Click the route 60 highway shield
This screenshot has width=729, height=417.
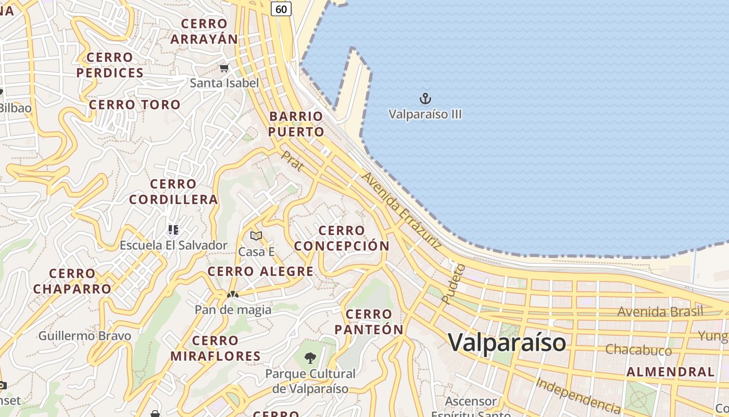coord(281,8)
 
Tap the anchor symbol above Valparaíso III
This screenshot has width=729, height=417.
coord(425,98)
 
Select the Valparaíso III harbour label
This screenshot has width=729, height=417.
coord(425,114)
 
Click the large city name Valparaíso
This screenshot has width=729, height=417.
coord(507,342)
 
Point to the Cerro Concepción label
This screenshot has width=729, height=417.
coord(342,238)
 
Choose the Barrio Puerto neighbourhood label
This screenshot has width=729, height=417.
coord(296,124)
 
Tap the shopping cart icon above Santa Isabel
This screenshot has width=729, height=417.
coord(224,68)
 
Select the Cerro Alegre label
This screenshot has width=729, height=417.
coord(260,272)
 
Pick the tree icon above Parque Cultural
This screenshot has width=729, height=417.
coord(310,358)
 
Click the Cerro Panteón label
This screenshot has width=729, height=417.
coord(369,322)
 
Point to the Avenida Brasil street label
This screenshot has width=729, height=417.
coord(660,312)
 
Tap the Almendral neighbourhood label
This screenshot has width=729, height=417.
coord(670,372)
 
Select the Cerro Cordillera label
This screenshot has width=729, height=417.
coord(173,192)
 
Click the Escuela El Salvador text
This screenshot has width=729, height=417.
coord(173,245)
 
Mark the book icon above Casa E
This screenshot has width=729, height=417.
coord(256,236)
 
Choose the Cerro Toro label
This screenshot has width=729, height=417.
coord(135,105)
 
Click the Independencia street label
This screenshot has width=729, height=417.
coord(578,394)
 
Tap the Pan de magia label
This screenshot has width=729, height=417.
coord(233,310)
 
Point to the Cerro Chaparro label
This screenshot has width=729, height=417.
coord(72,281)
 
